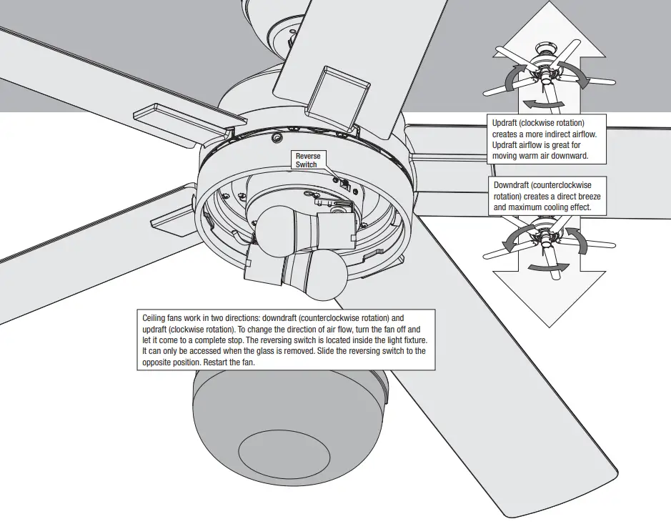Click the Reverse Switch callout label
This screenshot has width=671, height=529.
click(x=309, y=160)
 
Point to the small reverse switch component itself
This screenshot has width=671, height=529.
click(x=345, y=183)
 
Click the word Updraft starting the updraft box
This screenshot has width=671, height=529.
click(x=505, y=124)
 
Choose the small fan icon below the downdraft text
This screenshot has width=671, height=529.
click(x=548, y=239)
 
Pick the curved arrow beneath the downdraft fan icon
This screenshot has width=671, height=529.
click(x=549, y=267)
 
